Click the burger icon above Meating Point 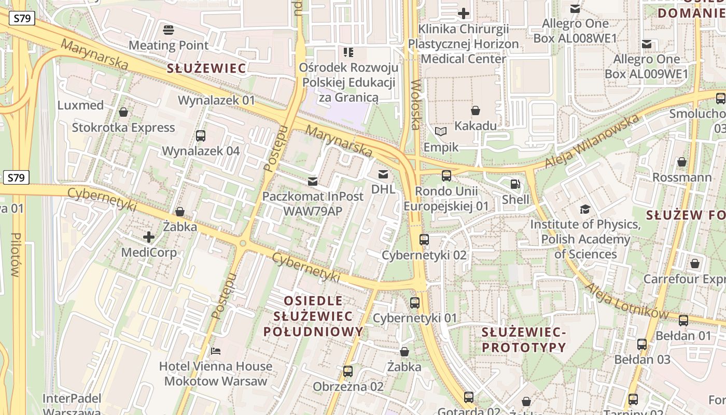tap(169, 30)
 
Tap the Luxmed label tap(80, 105)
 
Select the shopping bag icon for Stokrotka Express tap(123, 112)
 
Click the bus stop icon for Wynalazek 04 tap(201, 136)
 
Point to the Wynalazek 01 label tap(217, 100)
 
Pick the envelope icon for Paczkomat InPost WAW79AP tap(313, 182)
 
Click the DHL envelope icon tap(383, 174)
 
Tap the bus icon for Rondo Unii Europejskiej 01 tap(446, 176)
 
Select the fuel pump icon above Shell tap(515, 184)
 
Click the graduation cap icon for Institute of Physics tap(585, 209)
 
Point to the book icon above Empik tap(441, 132)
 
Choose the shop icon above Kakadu tap(475, 110)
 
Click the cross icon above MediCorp tap(149, 237)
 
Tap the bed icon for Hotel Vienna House tap(216, 351)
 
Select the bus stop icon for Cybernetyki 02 tap(424, 240)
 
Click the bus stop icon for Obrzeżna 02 tap(347, 371)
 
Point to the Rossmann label tap(681, 178)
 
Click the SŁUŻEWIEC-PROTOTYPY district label tap(523, 340)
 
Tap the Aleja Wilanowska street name tap(591, 142)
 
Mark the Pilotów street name tap(15, 254)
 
